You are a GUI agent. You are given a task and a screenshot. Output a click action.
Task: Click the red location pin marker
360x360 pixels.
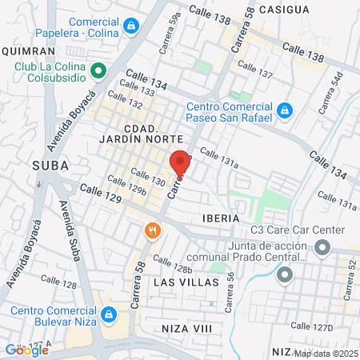click(x=181, y=164)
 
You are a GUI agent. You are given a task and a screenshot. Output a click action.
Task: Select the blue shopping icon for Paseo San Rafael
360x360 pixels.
click(x=284, y=109)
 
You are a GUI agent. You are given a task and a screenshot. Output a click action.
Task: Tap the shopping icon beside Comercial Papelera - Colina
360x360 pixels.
click(x=129, y=26)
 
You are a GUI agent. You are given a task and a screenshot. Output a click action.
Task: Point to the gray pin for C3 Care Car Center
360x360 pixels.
click(x=321, y=249)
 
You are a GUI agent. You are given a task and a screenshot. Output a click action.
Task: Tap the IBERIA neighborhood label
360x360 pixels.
click(x=221, y=218)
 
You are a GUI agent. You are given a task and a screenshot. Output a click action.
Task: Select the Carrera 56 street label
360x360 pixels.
click(x=230, y=292)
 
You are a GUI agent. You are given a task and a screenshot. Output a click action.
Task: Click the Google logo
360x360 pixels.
click(x=26, y=350)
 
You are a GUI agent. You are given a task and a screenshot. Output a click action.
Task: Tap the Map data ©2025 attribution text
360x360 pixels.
click(x=326, y=354)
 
